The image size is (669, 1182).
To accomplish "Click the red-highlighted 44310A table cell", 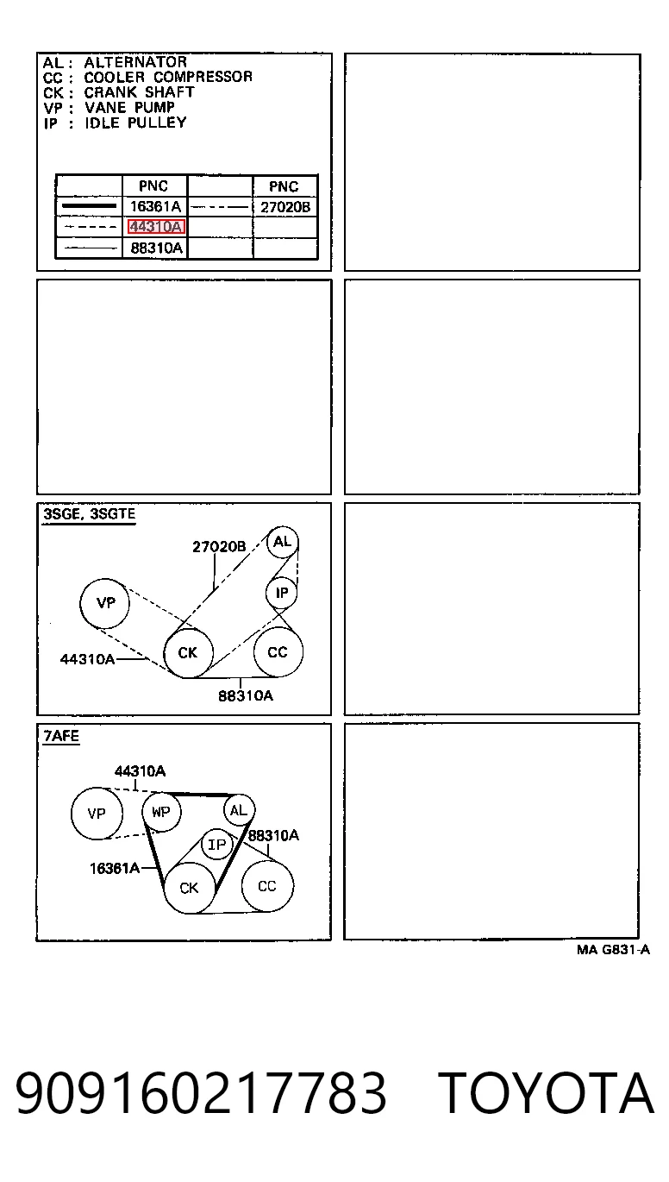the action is [156, 227].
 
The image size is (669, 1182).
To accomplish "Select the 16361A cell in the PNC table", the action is [155, 206].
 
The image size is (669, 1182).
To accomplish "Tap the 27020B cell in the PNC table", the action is [285, 207].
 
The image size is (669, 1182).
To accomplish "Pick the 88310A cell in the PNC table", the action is [156, 248].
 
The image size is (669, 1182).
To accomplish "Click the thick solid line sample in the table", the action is [89, 206].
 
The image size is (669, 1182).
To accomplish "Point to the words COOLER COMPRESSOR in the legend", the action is [168, 77].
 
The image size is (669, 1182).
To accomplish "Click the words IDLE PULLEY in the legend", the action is [135, 123].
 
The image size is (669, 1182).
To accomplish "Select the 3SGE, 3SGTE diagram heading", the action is [89, 514].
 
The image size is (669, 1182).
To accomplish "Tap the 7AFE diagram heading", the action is [61, 736].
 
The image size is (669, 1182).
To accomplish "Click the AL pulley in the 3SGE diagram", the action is [282, 542].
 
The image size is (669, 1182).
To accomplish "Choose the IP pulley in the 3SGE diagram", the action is [281, 593].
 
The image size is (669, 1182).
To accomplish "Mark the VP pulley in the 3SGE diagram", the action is [105, 603].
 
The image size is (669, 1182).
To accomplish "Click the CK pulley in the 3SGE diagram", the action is [188, 653].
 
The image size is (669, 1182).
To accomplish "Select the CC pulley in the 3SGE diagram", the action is [278, 652].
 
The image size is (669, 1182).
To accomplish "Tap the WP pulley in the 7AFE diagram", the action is [161, 812].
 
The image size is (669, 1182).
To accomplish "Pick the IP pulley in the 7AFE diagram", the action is [216, 845].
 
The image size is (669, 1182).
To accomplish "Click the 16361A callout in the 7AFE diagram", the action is [115, 868].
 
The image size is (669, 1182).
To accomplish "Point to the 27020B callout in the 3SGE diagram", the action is [219, 547].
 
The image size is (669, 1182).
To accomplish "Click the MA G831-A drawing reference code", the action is [613, 950].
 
